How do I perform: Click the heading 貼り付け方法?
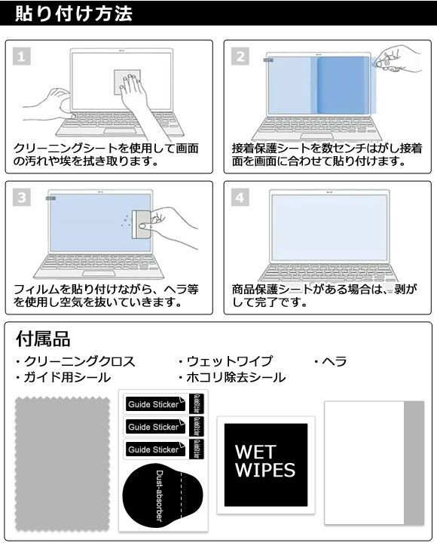tap(74, 14)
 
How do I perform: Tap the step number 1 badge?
tap(22, 56)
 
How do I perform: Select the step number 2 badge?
tap(240, 56)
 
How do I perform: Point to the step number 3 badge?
tap(22, 198)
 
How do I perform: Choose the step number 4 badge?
tap(240, 198)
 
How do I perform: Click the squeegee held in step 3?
tap(142, 225)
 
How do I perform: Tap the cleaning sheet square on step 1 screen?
tap(127, 82)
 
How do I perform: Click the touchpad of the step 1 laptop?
tap(120, 131)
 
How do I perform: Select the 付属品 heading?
tap(43, 339)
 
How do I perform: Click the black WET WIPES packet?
tap(266, 465)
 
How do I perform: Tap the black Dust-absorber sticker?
tap(163, 495)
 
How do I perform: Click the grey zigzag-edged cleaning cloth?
tap(63, 464)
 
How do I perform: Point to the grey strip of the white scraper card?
tap(414, 463)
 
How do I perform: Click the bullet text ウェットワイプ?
tap(225, 361)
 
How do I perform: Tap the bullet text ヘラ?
tap(330, 361)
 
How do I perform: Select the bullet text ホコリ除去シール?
tap(231, 377)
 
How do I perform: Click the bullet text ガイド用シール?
tap(63, 377)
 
